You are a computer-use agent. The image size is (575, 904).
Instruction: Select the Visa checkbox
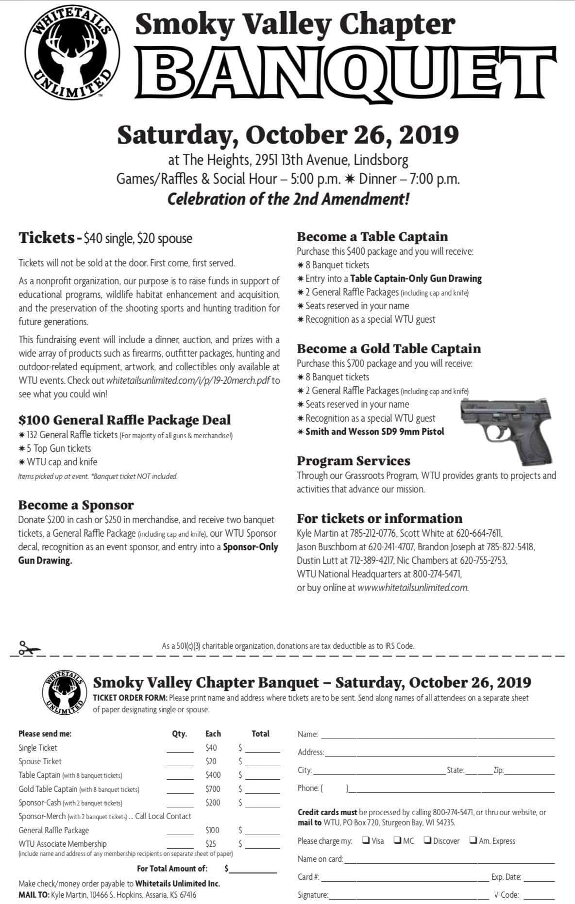366,840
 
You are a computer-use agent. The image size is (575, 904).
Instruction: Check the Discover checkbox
427,840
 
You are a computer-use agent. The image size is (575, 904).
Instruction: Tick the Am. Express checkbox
473,840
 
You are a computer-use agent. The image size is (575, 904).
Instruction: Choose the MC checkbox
397,840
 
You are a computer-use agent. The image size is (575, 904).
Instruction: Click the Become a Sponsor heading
76,505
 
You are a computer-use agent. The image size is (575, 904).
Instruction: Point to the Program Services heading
354,460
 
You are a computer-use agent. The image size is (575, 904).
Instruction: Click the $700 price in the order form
213,789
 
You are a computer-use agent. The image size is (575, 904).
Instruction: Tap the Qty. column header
180,734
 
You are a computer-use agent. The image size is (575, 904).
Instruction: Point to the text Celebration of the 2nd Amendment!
288,199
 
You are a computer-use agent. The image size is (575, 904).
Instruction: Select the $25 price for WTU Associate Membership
211,844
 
